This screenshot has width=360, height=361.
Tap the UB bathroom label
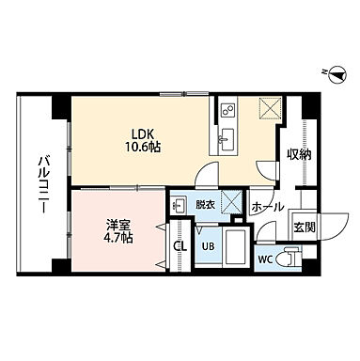pyautogui.click(x=208, y=247)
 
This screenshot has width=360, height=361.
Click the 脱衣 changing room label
pyautogui.click(x=205, y=201)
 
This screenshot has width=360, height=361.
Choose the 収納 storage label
pyautogui.click(x=299, y=151)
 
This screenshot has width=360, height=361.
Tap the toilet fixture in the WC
pyautogui.click(x=291, y=256)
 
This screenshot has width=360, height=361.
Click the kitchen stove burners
pyautogui.click(x=227, y=111)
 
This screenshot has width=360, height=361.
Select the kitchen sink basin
pyautogui.click(x=227, y=143)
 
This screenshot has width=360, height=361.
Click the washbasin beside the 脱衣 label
pyautogui.click(x=179, y=203)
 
